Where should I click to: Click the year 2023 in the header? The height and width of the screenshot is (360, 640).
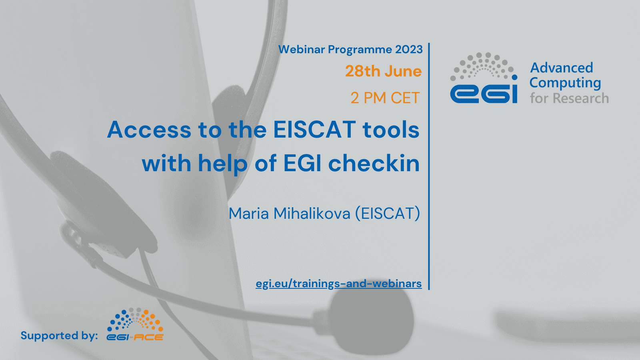[x=408, y=50]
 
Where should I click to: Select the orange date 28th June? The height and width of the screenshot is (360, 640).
[x=383, y=71]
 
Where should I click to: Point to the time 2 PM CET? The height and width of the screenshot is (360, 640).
[x=385, y=98]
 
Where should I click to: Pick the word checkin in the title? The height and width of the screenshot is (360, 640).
[x=374, y=163]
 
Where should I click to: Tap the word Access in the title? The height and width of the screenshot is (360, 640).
[x=149, y=130]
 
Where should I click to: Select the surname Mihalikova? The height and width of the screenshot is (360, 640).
[x=312, y=214]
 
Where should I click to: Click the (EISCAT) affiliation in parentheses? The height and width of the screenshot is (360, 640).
[x=388, y=214]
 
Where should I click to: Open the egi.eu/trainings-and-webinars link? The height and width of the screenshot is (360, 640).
[x=338, y=284]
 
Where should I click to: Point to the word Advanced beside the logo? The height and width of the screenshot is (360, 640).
[x=562, y=68]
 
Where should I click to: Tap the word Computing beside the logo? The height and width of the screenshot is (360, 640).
[x=565, y=83]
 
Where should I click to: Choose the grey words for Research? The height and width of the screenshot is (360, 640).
[x=569, y=98]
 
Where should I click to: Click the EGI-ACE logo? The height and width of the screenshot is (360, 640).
[x=135, y=324]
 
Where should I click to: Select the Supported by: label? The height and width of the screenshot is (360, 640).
[x=59, y=336]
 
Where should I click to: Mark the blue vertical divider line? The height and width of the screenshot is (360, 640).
[x=429, y=166]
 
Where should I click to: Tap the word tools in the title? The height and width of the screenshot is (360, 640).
[x=391, y=130]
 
